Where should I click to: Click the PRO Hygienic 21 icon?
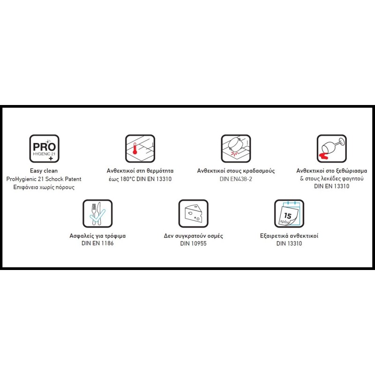click(44, 149)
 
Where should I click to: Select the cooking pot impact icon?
click(236, 149)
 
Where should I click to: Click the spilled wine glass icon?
click(332, 149)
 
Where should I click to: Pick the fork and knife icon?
click(97, 214)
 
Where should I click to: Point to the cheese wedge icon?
click(194, 214)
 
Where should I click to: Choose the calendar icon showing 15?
click(289, 214)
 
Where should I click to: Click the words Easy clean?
click(44, 171)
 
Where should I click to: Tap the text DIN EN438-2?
click(236, 179)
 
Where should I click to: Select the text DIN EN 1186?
click(97, 243)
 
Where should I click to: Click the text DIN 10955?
click(193, 243)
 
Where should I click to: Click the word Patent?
click(73, 179)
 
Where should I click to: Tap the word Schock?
click(54, 179)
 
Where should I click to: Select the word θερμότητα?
click(160, 171)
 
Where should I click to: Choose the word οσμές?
click(215, 236)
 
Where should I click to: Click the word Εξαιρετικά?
click(274, 236)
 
